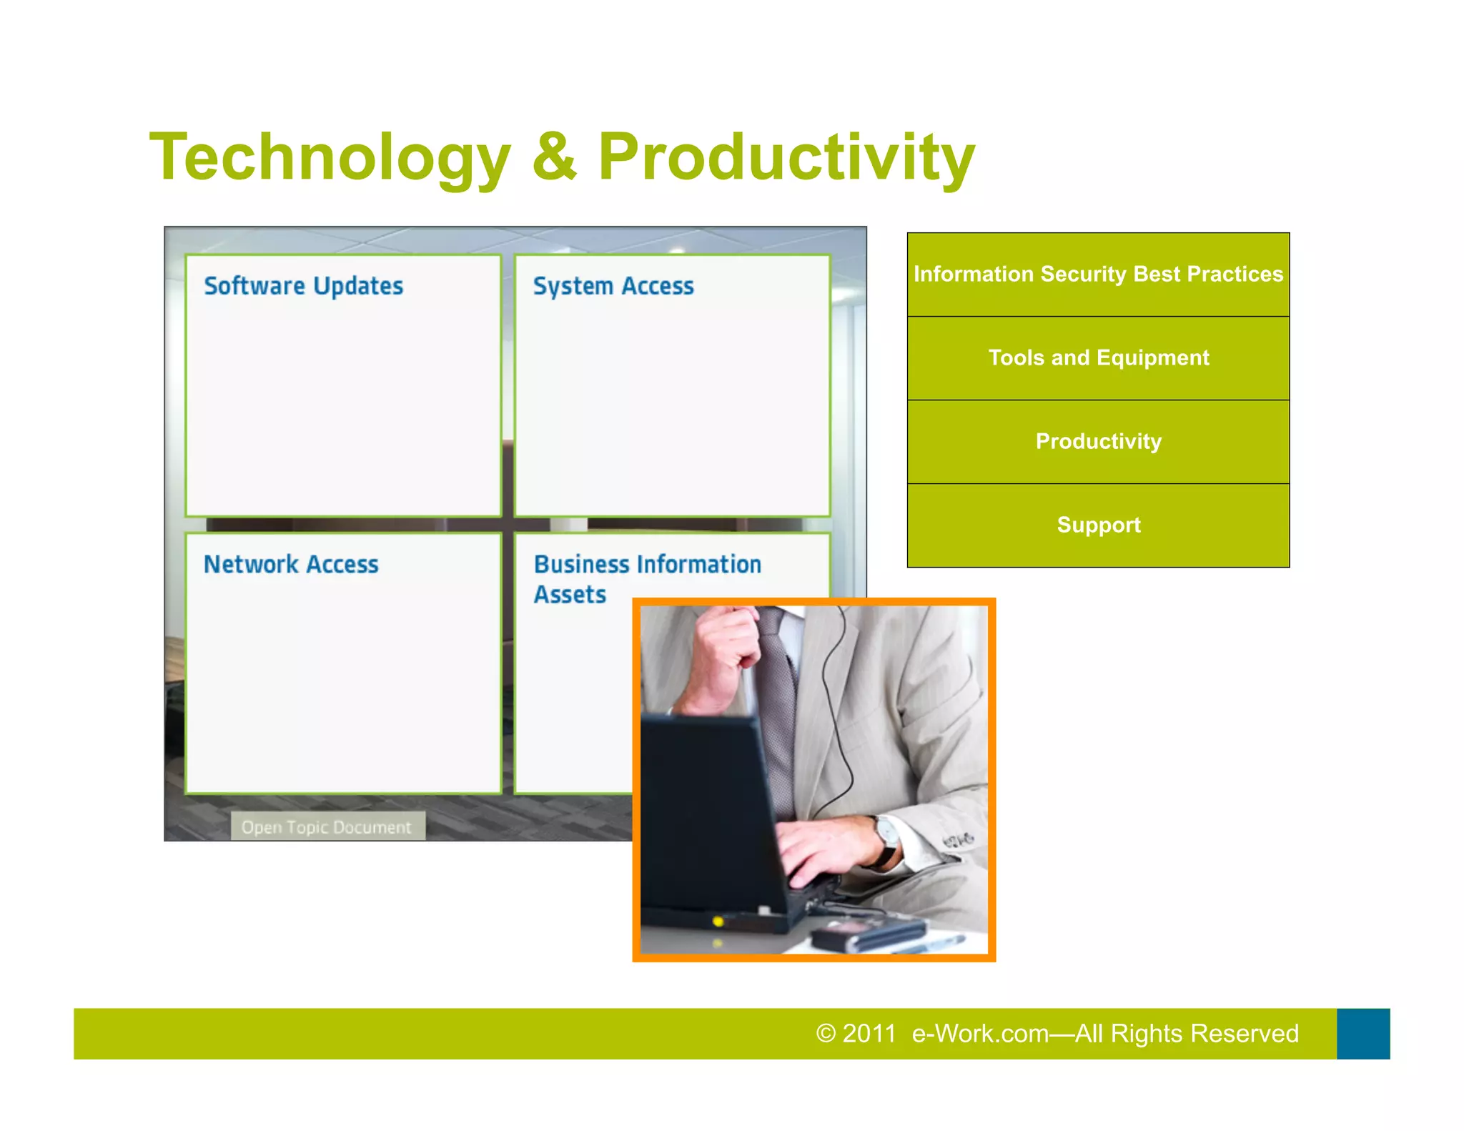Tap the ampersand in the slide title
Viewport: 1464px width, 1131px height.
point(554,157)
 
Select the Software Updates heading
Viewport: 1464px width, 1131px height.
point(304,286)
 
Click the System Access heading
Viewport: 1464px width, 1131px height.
point(613,286)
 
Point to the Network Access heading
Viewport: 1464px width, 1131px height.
point(291,564)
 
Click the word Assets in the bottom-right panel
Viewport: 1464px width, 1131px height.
point(570,595)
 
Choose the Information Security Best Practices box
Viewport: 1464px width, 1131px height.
point(1098,275)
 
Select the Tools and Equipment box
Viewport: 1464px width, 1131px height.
point(1098,358)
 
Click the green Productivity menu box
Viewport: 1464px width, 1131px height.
point(1098,442)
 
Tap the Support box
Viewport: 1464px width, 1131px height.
point(1098,525)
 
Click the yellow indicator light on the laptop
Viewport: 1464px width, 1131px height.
point(718,922)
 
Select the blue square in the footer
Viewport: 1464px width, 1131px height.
point(1363,1034)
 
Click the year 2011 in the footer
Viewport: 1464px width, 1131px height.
point(869,1034)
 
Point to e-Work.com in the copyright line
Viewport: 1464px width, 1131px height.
point(980,1034)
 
